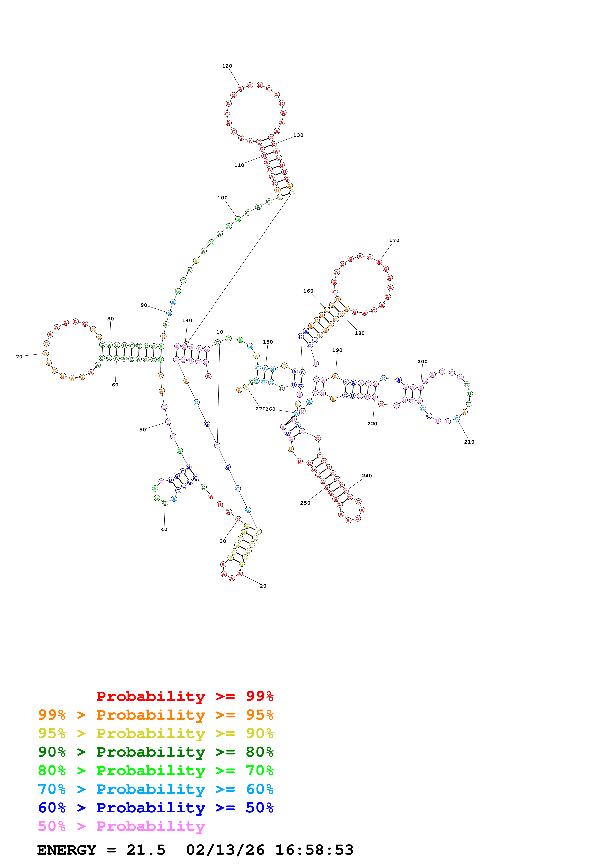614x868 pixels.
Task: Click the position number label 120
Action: click(227, 66)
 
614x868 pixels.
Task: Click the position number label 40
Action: click(164, 529)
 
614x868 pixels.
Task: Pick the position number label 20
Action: click(263, 586)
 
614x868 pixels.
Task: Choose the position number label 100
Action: click(222, 198)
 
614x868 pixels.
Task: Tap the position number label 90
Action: click(144, 305)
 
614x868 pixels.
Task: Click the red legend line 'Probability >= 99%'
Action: click(185, 696)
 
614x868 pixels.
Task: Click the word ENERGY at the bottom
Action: click(67, 850)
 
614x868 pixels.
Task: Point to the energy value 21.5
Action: click(146, 850)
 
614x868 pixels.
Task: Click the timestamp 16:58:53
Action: click(314, 850)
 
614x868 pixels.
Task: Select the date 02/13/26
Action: click(225, 850)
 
